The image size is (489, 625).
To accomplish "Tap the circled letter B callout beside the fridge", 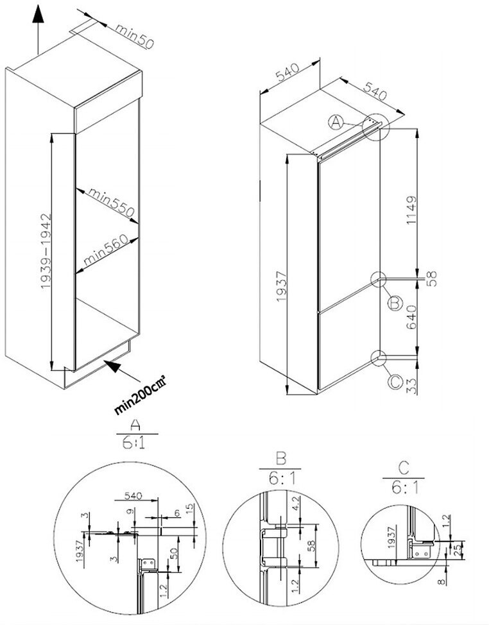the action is pos(395,302).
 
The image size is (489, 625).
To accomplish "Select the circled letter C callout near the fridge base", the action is pos(395,382).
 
